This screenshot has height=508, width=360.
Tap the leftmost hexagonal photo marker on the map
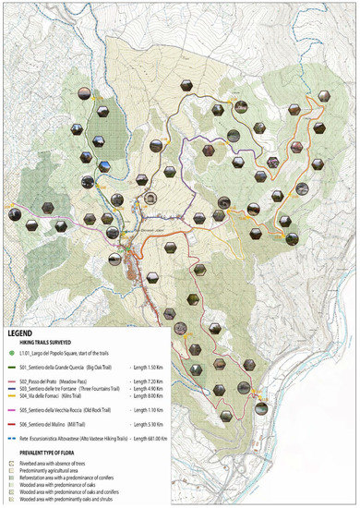14,214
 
